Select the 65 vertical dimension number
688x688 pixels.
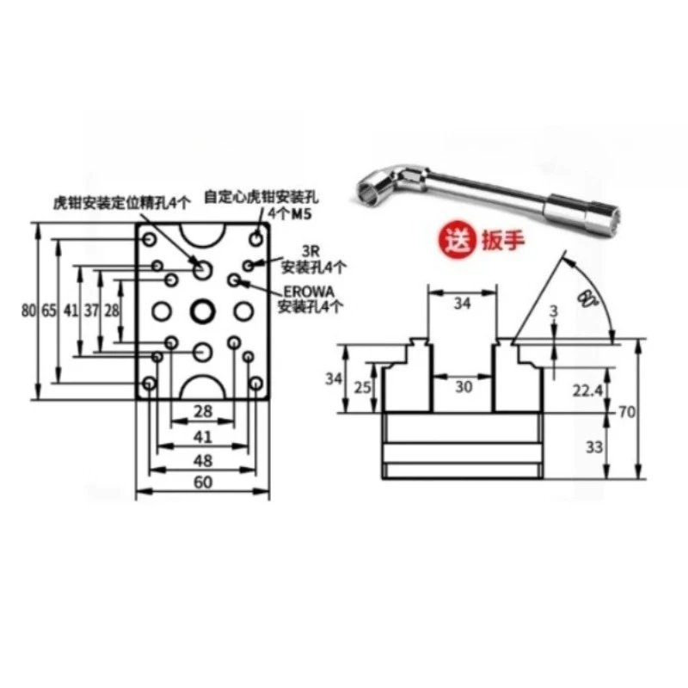[x=48, y=310]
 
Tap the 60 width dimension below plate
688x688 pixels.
[x=203, y=482]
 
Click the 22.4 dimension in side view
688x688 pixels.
[x=587, y=390]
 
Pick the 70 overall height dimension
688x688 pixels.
[x=626, y=412]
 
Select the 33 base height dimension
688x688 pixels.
[x=592, y=446]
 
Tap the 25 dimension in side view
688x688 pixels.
[x=364, y=387]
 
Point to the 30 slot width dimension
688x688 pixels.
[x=464, y=387]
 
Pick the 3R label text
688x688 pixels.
[x=310, y=251]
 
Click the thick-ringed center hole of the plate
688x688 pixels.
[x=203, y=310]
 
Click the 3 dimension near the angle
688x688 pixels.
[x=556, y=310]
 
